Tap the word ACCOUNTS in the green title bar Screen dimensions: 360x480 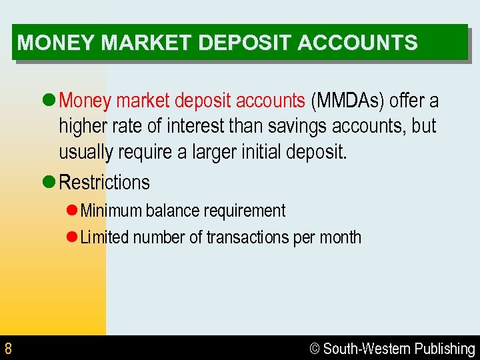(x=357, y=43)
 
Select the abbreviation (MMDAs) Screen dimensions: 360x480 (x=348, y=101)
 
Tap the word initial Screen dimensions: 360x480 (x=259, y=152)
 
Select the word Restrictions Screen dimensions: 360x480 (x=105, y=182)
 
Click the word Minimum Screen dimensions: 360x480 (x=111, y=211)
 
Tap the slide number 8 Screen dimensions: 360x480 (x=8, y=348)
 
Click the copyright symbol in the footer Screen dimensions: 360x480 (x=315, y=349)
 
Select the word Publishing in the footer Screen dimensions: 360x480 (x=444, y=349)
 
